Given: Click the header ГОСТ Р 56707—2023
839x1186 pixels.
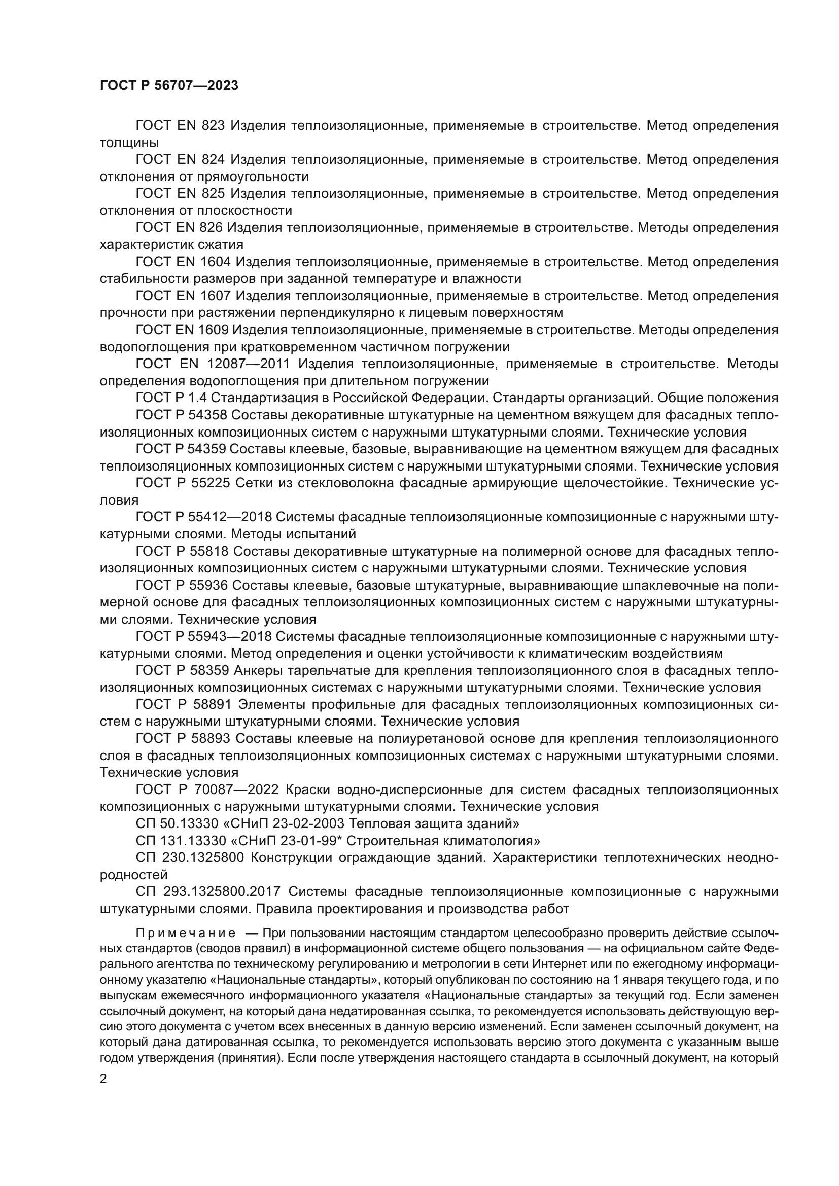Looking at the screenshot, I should pos(169,86).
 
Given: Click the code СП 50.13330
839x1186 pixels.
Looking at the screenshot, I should pos(177,823).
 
